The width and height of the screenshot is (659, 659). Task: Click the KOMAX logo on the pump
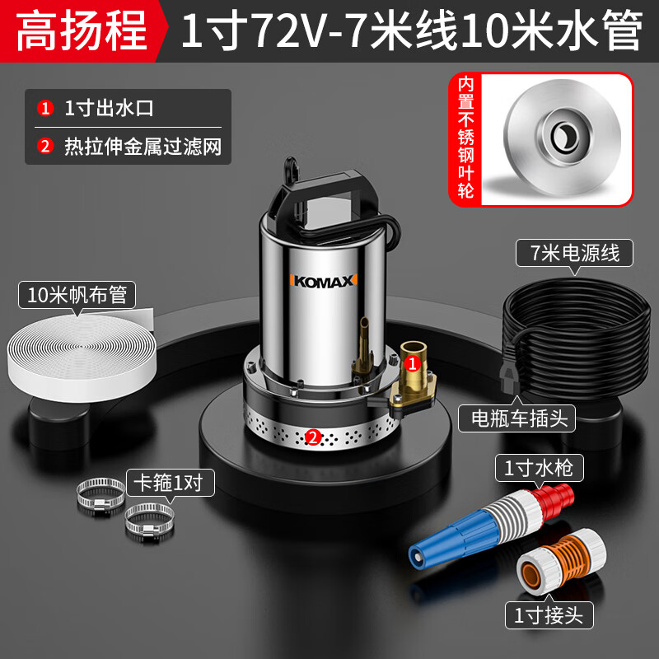pyautogui.click(x=323, y=281)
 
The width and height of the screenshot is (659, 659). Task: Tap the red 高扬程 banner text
pyautogui.click(x=81, y=31)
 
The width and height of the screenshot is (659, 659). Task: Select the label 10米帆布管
pyautogui.click(x=77, y=295)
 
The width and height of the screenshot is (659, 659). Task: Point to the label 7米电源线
pyautogui.click(x=574, y=253)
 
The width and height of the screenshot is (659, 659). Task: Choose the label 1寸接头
pyautogui.click(x=549, y=615)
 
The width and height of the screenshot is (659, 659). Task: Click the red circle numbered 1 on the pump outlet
pyautogui.click(x=413, y=363)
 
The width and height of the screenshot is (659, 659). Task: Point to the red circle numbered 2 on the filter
pyautogui.click(x=313, y=437)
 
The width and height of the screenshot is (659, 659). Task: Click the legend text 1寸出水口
pyautogui.click(x=109, y=109)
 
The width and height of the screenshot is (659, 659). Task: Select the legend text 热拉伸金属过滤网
pyautogui.click(x=143, y=147)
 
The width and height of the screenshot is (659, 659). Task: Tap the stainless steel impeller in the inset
pyautogui.click(x=562, y=137)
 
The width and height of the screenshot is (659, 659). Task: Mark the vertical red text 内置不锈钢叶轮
pyautogui.click(x=465, y=138)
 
